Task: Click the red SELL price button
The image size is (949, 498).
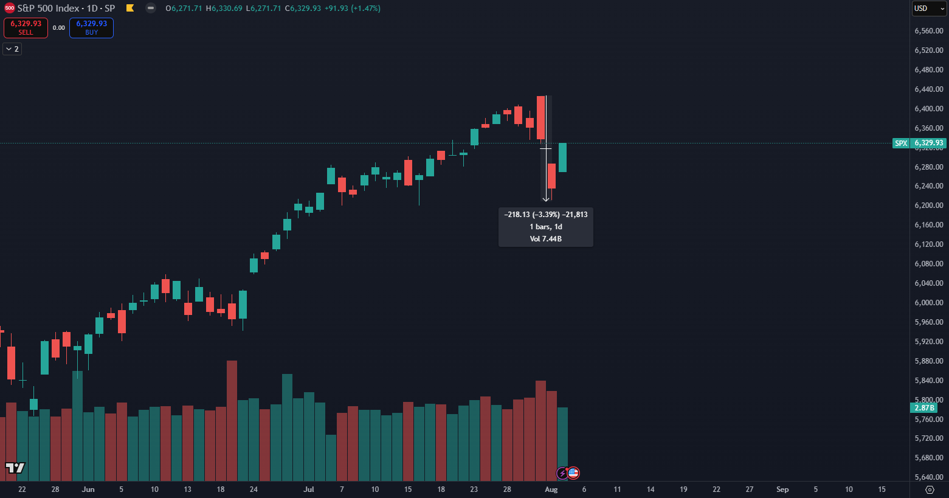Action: pyautogui.click(x=26, y=27)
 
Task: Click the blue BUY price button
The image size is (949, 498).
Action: pyautogui.click(x=91, y=27)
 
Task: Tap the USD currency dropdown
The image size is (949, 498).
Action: pyautogui.click(x=929, y=9)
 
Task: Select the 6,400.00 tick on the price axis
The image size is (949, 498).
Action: pyautogui.click(x=928, y=109)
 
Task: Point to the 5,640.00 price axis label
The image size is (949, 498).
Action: pyautogui.click(x=928, y=477)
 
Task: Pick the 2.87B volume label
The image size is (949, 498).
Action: pyautogui.click(x=924, y=407)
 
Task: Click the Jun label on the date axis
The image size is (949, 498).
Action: pyautogui.click(x=88, y=489)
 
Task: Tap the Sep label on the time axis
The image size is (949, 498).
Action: pyautogui.click(x=782, y=489)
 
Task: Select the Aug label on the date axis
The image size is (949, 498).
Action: pyautogui.click(x=551, y=489)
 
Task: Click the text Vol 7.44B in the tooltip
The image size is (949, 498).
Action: pyautogui.click(x=545, y=239)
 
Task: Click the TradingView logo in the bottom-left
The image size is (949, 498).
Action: pyautogui.click(x=15, y=468)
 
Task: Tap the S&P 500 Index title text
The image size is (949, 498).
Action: pyautogui.click(x=49, y=9)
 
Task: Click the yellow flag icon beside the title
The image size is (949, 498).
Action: pyautogui.click(x=130, y=9)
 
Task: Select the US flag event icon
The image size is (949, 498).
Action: pyautogui.click(x=573, y=472)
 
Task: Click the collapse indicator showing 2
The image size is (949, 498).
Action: pyautogui.click(x=12, y=49)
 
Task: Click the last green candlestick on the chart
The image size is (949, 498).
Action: pyautogui.click(x=563, y=157)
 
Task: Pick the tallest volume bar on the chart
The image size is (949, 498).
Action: pyautogui.click(x=232, y=420)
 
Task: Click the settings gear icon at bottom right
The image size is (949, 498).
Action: pyautogui.click(x=929, y=489)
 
